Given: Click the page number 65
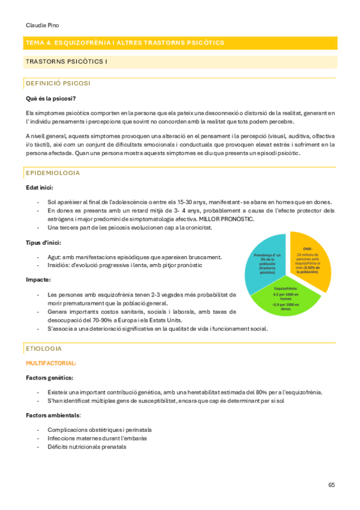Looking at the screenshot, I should [x=332, y=485].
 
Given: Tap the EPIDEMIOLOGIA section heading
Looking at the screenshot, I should [x=52, y=173].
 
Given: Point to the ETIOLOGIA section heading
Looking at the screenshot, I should [x=44, y=348].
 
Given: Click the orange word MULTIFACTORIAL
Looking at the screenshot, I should [x=50, y=363].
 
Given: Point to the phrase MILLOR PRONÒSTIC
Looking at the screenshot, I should [x=228, y=219].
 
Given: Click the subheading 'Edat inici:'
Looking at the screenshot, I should [x=40, y=187].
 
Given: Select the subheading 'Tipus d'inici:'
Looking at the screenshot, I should [x=43, y=242].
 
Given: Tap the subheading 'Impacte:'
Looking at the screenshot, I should [x=38, y=280].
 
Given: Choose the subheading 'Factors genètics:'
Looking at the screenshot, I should [x=49, y=378].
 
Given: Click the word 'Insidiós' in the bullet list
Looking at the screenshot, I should [x=58, y=265].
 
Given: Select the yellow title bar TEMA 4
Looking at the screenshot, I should [x=180, y=43].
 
